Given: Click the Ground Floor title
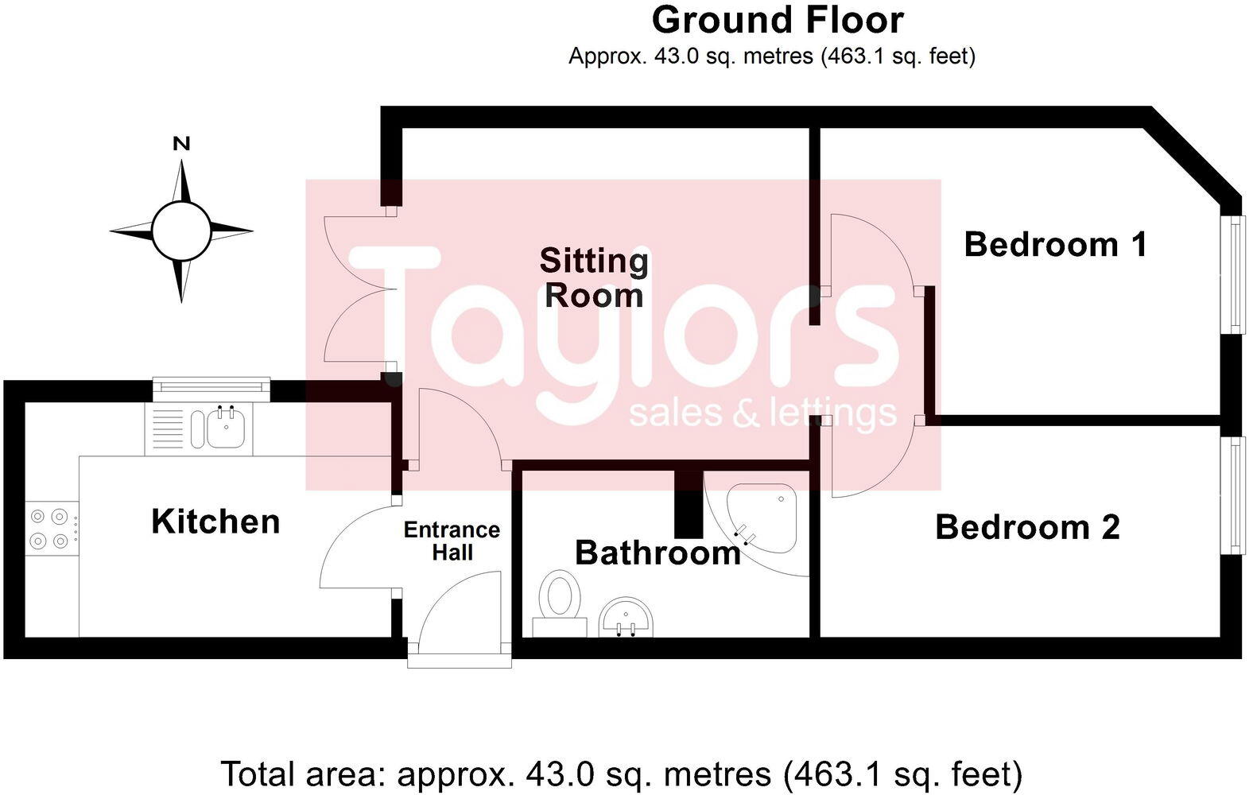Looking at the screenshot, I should [x=777, y=21].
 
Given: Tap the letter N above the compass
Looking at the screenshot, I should [x=181, y=144].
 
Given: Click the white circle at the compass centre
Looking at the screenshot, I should [x=181, y=231].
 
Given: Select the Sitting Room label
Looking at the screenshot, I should [x=594, y=277].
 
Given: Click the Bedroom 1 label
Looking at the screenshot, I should [x=1055, y=244].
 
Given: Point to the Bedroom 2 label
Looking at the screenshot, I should [x=1027, y=527].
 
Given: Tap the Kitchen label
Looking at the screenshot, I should [x=215, y=522].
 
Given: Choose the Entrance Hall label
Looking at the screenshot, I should [x=452, y=541].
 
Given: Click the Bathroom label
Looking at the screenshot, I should [x=658, y=553].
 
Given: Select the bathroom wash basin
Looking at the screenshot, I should [x=626, y=617].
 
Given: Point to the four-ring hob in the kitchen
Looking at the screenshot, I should [x=49, y=529].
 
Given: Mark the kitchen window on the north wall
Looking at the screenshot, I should [x=211, y=387].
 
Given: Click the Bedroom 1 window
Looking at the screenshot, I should [x=1234, y=274].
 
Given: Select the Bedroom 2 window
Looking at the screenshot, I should [x=1234, y=494].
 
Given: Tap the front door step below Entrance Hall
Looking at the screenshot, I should [x=459, y=659].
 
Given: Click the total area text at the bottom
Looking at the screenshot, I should [x=621, y=774].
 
